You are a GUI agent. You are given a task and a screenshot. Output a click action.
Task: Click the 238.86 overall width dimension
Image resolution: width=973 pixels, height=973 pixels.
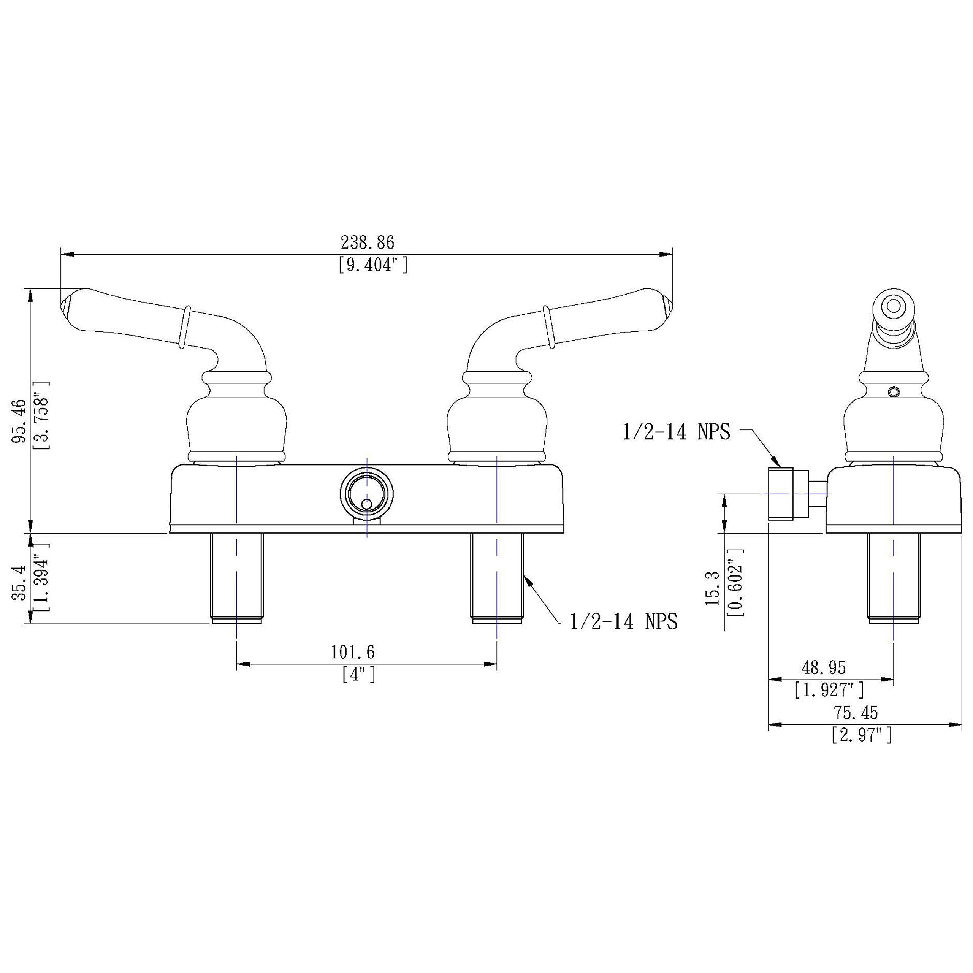click(x=367, y=243)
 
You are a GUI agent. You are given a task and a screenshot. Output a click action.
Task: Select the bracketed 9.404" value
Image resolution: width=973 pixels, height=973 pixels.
click(x=373, y=265)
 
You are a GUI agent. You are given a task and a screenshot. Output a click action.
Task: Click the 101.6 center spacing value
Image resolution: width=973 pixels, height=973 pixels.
click(x=353, y=652)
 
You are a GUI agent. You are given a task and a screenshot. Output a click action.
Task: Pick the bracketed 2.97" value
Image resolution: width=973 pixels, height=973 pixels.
click(x=862, y=735)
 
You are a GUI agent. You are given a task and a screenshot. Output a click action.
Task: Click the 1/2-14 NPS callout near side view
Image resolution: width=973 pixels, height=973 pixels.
click(x=677, y=432)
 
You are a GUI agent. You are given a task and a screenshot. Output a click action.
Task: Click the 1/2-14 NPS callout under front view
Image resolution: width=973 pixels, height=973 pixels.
click(x=623, y=621)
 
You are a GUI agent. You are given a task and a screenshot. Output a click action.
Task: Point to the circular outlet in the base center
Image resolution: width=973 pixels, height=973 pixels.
click(x=367, y=494)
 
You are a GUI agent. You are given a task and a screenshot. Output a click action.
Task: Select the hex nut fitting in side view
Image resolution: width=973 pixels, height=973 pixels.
click(x=781, y=494)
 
